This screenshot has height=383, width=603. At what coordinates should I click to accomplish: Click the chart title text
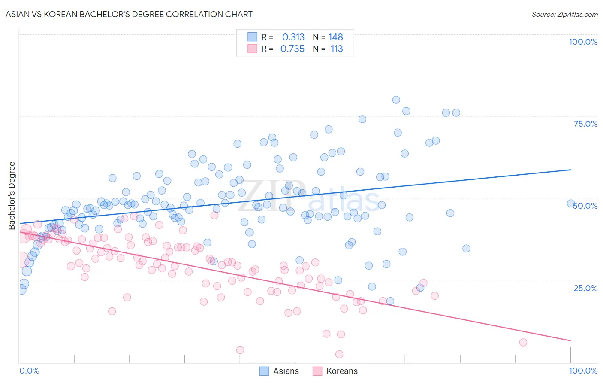pos(128,14)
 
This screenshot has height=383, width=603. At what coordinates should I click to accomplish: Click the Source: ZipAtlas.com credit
pos(564,14)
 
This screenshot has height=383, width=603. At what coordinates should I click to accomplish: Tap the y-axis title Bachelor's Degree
pos(12,195)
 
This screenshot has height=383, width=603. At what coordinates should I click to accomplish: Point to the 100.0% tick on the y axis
pos(583,42)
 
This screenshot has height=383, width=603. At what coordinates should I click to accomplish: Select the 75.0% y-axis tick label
pos(585,124)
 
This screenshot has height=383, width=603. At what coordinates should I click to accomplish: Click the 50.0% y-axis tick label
pos(585,206)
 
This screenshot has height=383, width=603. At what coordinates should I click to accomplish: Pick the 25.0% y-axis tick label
pos(585,288)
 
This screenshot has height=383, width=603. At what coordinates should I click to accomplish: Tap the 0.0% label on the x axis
pos(29,371)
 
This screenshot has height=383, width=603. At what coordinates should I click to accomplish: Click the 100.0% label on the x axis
pos(583,371)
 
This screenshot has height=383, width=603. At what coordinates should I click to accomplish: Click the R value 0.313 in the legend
pos(293,37)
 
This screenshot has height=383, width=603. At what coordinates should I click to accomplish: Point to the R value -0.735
pos(290,49)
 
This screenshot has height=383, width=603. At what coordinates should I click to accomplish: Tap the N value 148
pos(336,37)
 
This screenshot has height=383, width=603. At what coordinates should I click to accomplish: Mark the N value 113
pos(337,49)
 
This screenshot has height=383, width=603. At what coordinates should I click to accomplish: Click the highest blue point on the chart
pos(396,100)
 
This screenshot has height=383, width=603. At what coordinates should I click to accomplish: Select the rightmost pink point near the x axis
pos(523,342)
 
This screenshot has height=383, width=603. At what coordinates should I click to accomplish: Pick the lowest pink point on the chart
pos(339,354)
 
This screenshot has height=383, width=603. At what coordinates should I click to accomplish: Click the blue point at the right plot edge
pos(571,204)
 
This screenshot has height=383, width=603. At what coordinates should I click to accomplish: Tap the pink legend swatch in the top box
pos(252,49)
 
